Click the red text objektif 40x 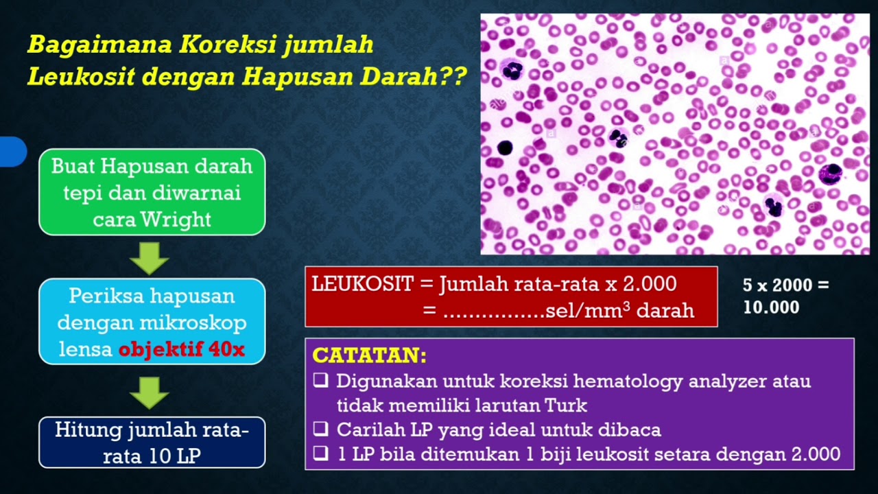point(181,349)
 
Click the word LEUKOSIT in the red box point(362,284)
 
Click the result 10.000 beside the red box point(771,307)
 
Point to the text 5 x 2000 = point(785,285)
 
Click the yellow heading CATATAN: point(369,355)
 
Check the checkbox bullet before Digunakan point(320,381)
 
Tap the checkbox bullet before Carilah point(320,430)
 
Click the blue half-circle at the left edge point(12,152)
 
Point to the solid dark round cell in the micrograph point(505,148)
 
